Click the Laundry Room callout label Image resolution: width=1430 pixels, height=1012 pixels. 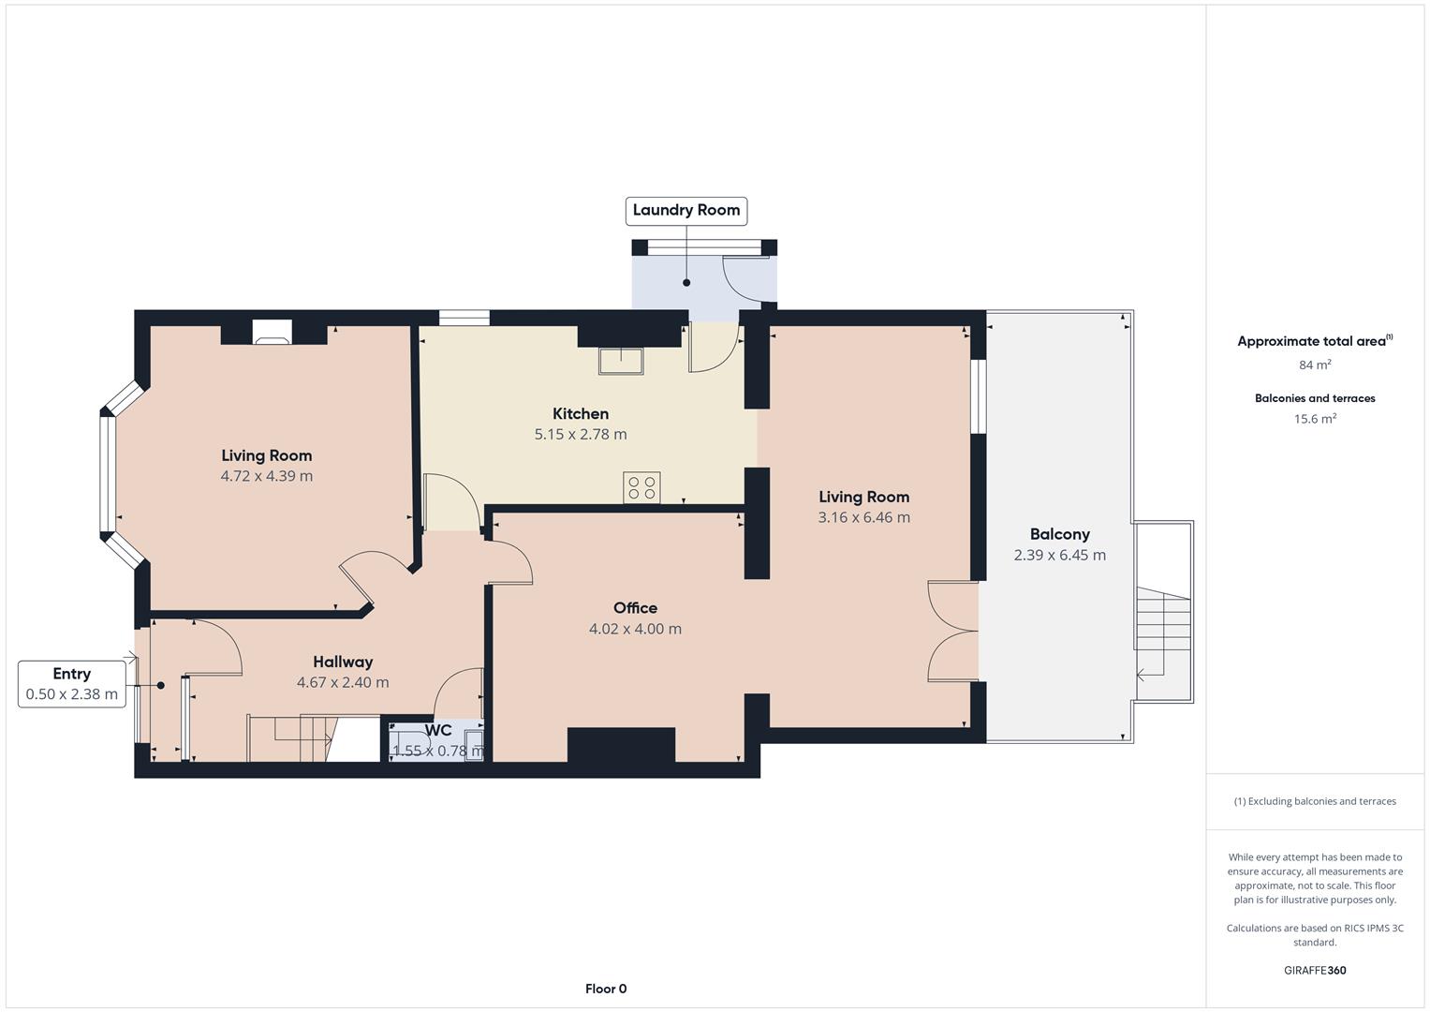tap(686, 211)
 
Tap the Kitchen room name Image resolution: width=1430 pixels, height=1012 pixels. tap(581, 413)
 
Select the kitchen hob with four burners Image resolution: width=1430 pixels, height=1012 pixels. tap(641, 487)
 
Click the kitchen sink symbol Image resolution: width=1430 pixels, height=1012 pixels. tap(621, 361)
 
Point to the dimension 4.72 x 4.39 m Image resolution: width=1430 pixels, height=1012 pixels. tap(267, 476)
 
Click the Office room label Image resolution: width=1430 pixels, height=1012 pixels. tap(635, 607)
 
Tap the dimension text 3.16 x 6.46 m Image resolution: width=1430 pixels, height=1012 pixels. tap(864, 517)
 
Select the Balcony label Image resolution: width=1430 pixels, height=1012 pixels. tap(1060, 534)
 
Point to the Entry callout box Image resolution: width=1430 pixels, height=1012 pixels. tap(71, 684)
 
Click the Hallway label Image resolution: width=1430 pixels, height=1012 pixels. tap(343, 662)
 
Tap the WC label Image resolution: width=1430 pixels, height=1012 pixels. tap(438, 730)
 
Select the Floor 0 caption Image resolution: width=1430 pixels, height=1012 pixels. tap(606, 989)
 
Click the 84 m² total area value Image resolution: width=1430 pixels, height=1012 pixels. tap(1315, 365)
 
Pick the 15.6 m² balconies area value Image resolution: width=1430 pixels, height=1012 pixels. tap(1315, 419)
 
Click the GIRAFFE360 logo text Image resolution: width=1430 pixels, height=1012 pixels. tap(1315, 970)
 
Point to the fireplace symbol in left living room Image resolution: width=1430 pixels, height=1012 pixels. tap(272, 333)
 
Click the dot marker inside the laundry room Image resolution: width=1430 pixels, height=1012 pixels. tap(686, 282)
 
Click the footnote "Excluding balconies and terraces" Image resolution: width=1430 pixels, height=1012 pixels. tap(1322, 801)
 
